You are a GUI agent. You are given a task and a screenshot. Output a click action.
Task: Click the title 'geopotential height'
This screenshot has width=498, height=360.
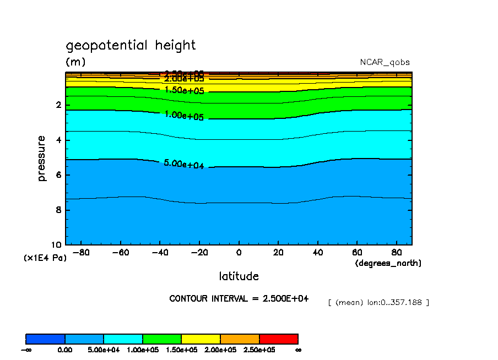(131, 45)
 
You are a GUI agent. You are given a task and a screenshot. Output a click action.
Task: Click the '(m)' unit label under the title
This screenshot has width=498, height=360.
(75, 62)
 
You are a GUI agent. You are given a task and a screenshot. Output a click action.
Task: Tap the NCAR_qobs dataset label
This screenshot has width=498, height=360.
(385, 62)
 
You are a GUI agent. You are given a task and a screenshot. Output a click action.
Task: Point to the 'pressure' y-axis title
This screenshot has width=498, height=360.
(42, 159)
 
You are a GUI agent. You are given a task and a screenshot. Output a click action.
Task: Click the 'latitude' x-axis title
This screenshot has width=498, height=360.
(239, 276)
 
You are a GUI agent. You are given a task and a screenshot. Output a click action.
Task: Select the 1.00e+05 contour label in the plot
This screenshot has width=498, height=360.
(184, 116)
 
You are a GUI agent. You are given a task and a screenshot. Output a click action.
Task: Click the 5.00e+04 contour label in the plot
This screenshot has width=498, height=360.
(184, 164)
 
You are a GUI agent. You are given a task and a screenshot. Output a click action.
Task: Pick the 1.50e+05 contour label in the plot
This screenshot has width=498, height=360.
(184, 90)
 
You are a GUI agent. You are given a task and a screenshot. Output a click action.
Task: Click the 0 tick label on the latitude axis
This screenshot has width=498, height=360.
(239, 253)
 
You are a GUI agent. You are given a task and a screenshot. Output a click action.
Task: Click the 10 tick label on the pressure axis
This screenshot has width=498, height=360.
(56, 245)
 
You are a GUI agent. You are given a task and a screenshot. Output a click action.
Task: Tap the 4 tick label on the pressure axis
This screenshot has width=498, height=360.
(58, 140)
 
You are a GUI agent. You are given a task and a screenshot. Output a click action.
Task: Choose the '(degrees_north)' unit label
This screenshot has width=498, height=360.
(388, 264)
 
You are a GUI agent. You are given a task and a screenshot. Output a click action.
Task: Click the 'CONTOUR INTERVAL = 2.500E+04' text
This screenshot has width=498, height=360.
(239, 298)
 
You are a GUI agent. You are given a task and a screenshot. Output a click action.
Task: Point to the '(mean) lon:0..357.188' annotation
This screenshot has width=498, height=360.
(378, 302)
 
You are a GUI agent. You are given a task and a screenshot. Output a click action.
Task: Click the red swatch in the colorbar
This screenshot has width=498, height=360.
(279, 339)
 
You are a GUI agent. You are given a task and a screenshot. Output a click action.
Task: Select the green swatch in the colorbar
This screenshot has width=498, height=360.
(162, 339)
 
